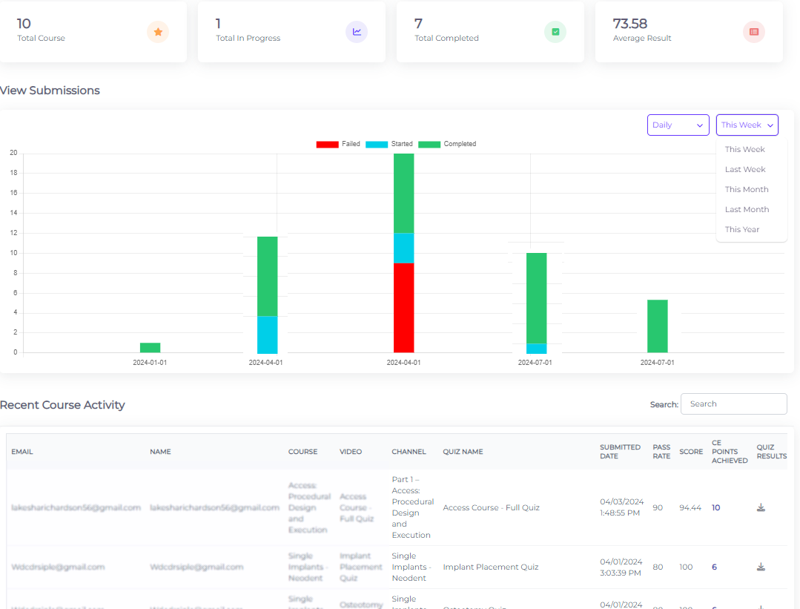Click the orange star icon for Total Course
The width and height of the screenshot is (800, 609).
(158, 32)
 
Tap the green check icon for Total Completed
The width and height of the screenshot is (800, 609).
(555, 32)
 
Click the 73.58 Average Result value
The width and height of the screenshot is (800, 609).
(629, 24)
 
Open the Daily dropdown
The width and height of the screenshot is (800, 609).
(678, 125)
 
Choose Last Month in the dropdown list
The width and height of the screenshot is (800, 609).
(747, 209)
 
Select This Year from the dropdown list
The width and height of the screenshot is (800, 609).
(742, 229)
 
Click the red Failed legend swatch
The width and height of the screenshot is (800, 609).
(327, 144)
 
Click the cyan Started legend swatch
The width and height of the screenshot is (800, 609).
(377, 144)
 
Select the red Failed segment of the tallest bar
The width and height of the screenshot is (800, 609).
(403, 308)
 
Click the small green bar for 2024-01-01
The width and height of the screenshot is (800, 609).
(150, 347)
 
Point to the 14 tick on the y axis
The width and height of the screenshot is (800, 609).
(13, 213)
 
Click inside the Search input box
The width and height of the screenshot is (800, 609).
(733, 404)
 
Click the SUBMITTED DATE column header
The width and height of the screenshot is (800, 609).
(620, 451)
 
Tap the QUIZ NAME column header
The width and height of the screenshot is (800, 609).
(463, 452)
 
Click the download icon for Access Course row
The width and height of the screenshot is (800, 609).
(761, 508)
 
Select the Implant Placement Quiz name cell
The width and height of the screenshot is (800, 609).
(490, 567)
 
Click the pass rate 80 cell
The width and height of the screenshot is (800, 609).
(658, 567)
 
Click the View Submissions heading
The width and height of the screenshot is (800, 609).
(50, 90)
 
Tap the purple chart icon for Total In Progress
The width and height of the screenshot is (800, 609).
(357, 32)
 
